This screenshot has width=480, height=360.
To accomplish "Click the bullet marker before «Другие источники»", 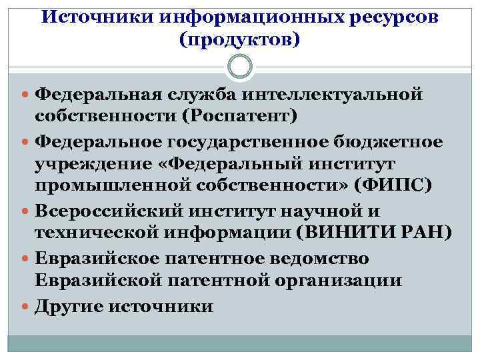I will pos(25,306).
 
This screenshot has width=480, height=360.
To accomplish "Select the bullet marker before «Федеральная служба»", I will pos(25,94).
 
